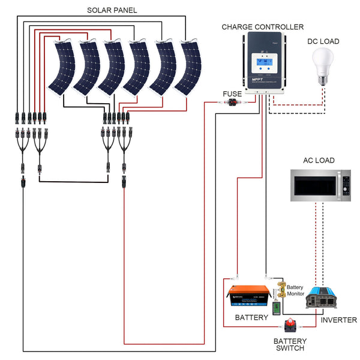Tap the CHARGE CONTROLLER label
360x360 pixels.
point(262,26)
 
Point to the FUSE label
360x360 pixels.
point(232,94)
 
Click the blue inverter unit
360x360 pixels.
point(323,298)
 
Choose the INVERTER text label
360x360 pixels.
point(338,320)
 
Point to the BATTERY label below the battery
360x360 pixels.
point(251,317)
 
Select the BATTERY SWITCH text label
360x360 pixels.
point(289,344)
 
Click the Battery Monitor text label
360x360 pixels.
point(296,291)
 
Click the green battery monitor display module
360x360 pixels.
point(277,308)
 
